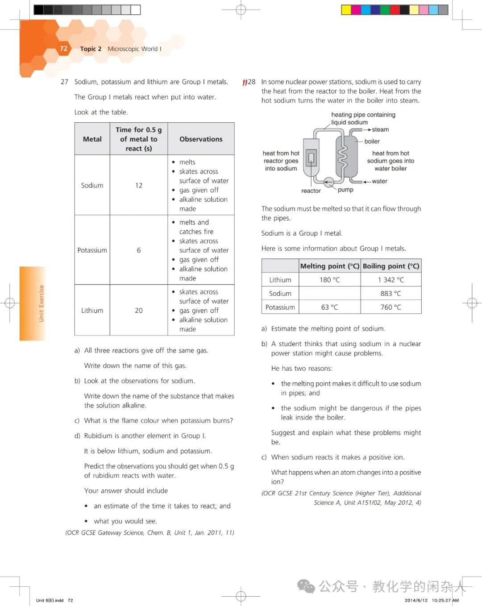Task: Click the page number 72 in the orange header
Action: click(x=63, y=49)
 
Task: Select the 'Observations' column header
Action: click(x=201, y=139)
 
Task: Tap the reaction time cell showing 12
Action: click(x=139, y=185)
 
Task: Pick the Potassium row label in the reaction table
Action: click(x=92, y=250)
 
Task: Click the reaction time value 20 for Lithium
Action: click(x=139, y=311)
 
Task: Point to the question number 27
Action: click(x=65, y=82)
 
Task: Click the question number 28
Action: click(x=252, y=82)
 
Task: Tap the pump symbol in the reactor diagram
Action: click(x=329, y=182)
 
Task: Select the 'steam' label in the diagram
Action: click(x=380, y=130)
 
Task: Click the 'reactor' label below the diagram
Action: click(x=311, y=191)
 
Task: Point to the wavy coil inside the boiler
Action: click(x=342, y=156)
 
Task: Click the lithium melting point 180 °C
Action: click(x=329, y=280)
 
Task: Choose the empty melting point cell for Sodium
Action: click(x=329, y=294)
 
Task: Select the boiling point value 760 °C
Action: click(x=391, y=307)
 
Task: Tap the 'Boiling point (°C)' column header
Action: click(x=391, y=266)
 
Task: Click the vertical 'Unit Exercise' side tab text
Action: click(x=41, y=303)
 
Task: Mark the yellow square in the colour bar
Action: click(x=346, y=10)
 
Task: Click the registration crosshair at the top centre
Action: click(x=241, y=10)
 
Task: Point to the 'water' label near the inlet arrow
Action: click(x=379, y=182)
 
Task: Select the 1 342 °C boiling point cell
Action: click(x=391, y=280)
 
